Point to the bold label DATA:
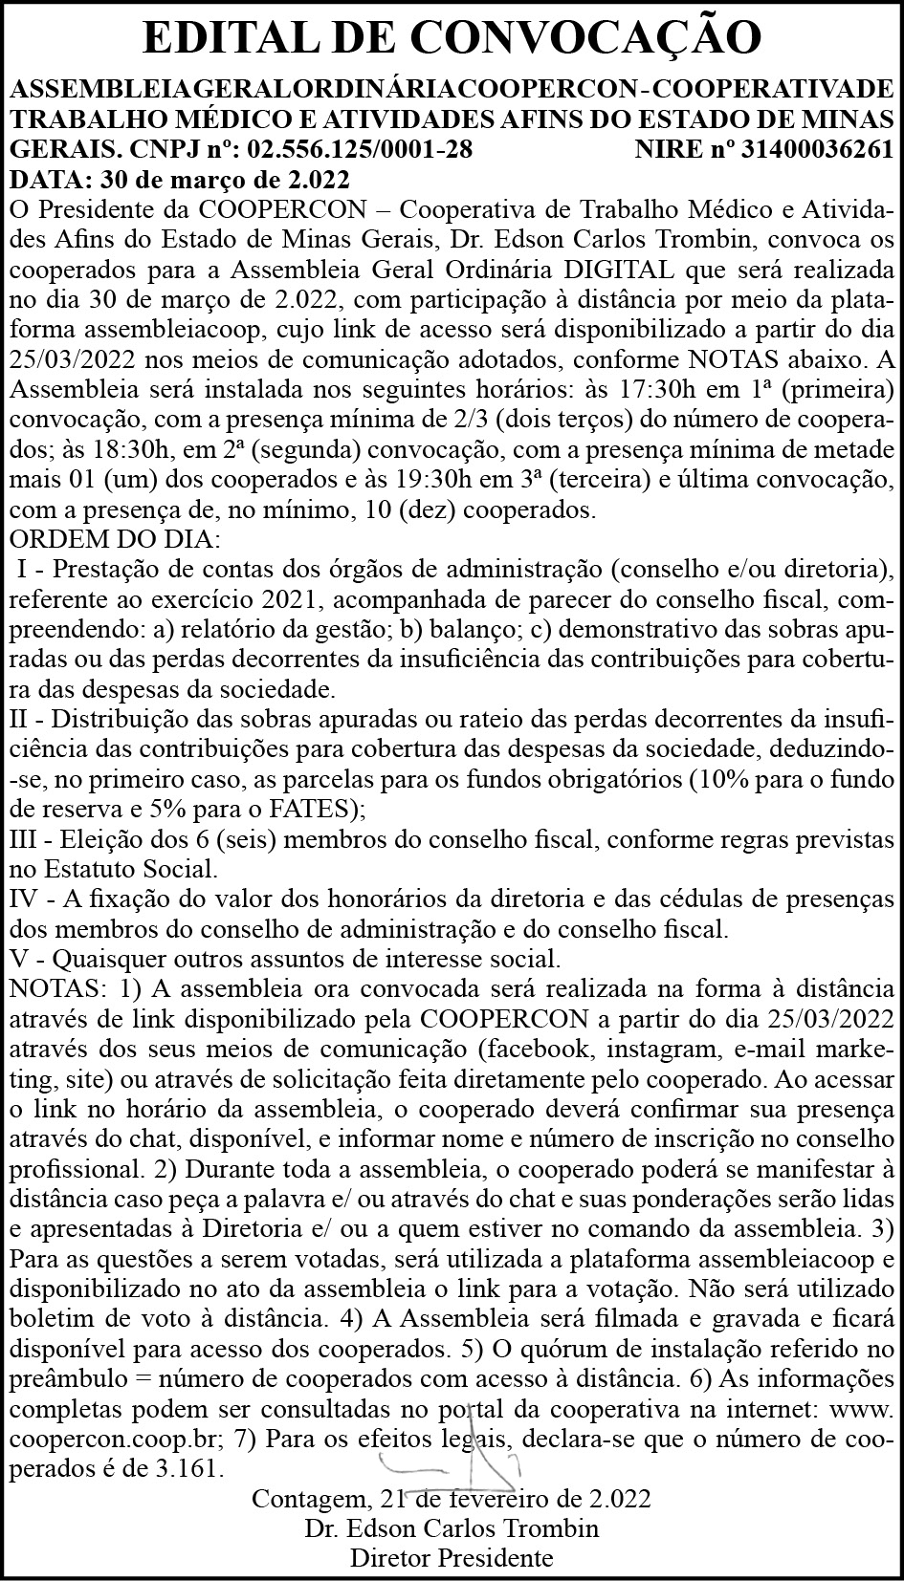click(x=48, y=179)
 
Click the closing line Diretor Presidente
click(x=452, y=1558)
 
